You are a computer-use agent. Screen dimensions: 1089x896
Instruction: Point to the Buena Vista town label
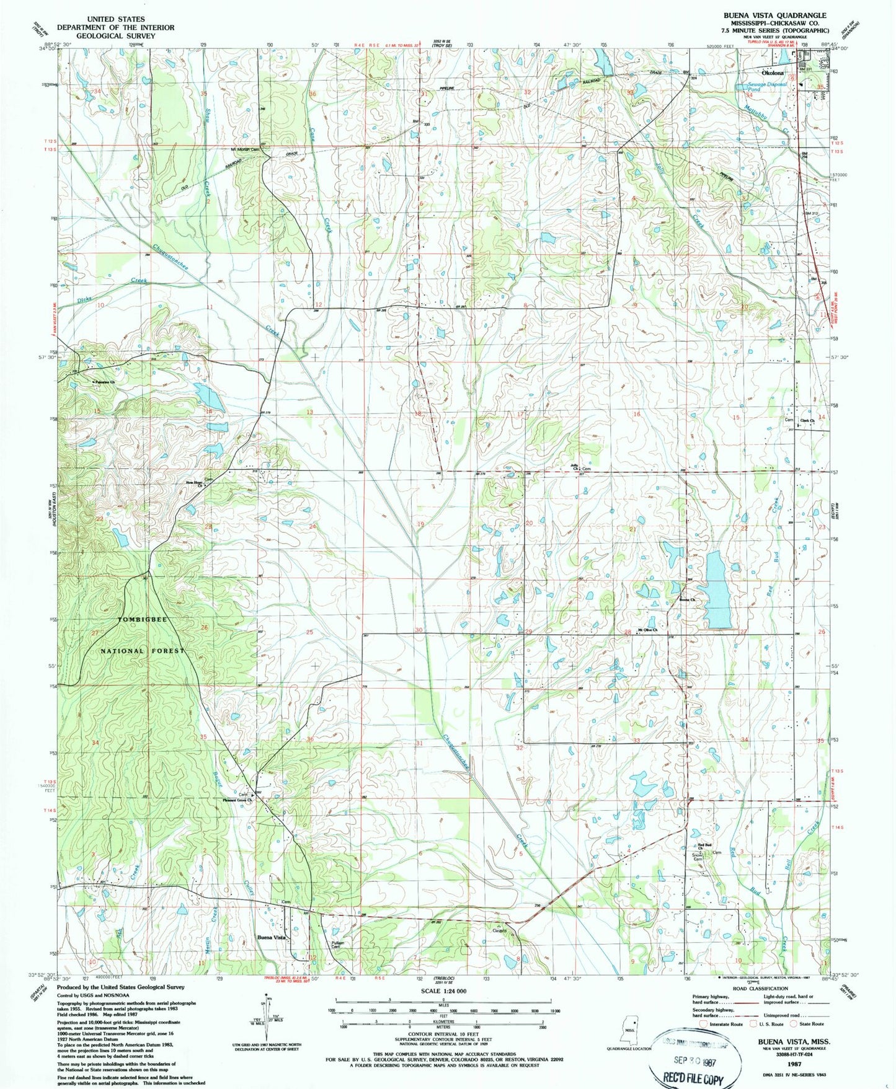[x=272, y=938]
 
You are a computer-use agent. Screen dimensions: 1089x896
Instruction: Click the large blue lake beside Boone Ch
[x=717, y=589]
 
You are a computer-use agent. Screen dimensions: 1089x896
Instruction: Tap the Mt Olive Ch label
[x=643, y=630]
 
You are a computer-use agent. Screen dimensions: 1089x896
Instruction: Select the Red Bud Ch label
[x=704, y=847]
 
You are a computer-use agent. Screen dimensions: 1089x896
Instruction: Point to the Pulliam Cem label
[x=336, y=945]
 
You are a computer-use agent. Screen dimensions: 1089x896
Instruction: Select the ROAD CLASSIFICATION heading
[x=760, y=989]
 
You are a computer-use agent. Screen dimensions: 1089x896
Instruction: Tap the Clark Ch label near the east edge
[x=807, y=421]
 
